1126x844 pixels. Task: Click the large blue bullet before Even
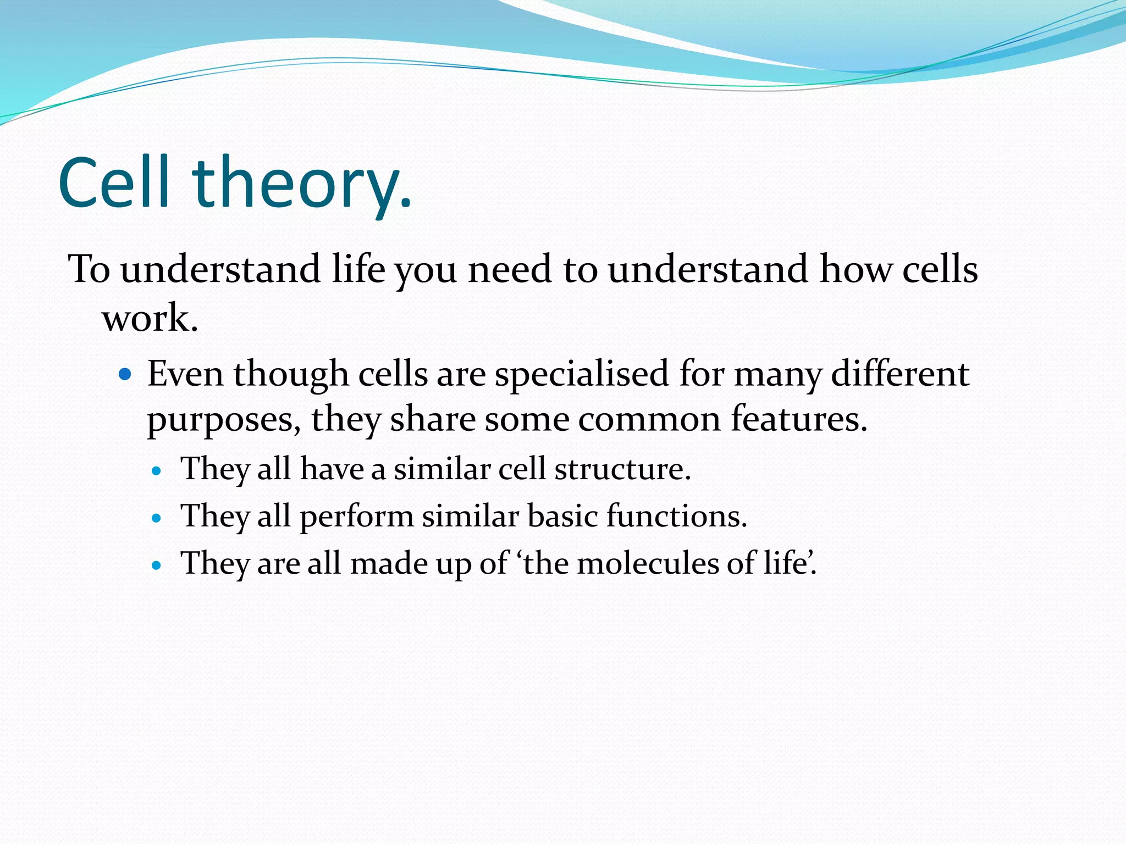click(x=126, y=375)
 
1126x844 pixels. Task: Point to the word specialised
click(x=582, y=375)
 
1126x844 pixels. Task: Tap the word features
click(x=798, y=420)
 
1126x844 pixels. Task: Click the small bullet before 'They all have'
click(x=157, y=471)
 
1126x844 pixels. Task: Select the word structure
click(x=622, y=470)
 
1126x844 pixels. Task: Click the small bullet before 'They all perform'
click(x=157, y=518)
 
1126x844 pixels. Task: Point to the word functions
click(x=676, y=517)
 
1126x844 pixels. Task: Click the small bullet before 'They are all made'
click(x=157, y=565)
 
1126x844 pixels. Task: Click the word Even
click(x=185, y=374)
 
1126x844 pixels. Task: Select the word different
click(x=900, y=374)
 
